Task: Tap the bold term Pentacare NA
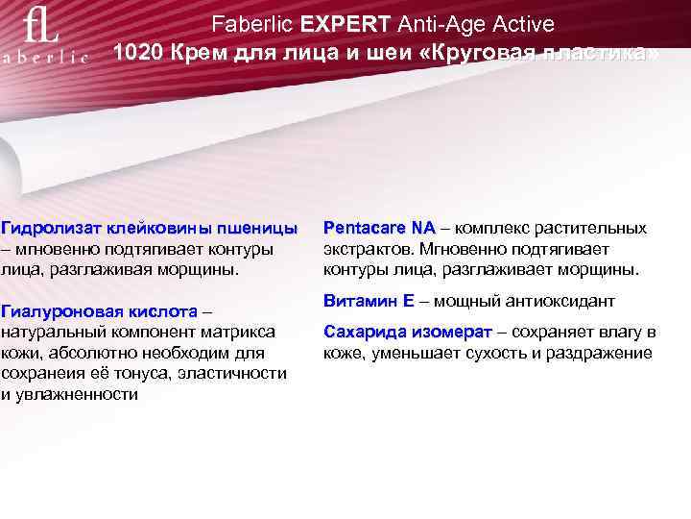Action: (379, 229)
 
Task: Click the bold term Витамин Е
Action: (369, 301)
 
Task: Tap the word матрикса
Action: (241, 333)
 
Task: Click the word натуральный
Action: (48, 333)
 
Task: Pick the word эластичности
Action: (246, 374)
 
